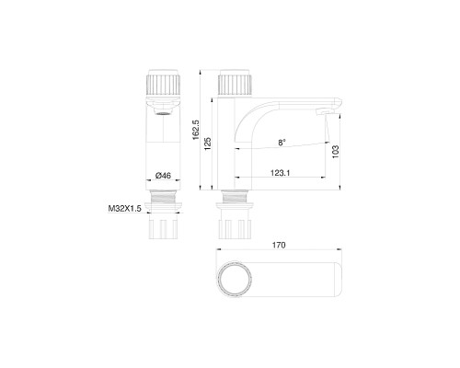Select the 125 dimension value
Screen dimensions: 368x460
(x=210, y=143)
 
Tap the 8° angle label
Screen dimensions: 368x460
(x=282, y=142)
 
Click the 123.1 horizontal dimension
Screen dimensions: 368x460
(x=282, y=170)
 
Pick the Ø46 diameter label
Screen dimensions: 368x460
(x=165, y=175)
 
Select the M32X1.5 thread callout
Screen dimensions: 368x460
(x=121, y=209)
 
